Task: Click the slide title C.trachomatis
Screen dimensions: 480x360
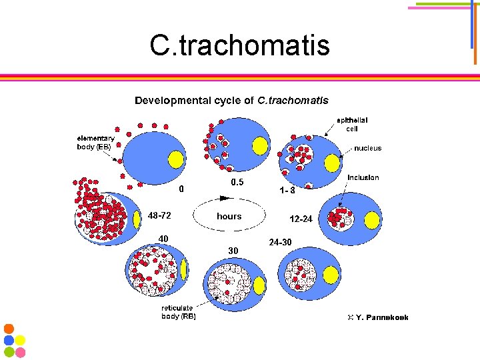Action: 239,46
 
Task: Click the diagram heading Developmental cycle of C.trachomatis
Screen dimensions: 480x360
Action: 231,101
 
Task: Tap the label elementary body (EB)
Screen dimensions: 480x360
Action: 95,143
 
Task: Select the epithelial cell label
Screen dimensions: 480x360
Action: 352,124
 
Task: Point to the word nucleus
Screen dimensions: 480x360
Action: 367,148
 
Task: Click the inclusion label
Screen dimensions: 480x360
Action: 363,177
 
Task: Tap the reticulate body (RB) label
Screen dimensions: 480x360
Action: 179,312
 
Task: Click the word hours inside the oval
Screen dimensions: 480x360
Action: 229,217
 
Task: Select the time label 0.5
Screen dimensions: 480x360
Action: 237,182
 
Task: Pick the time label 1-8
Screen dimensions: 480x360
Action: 287,190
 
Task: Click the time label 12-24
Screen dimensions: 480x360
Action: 301,219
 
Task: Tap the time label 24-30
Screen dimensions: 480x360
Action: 280,241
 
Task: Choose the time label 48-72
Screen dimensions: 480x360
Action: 159,216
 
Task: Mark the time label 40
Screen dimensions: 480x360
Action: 163,239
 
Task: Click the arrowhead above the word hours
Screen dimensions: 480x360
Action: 224,198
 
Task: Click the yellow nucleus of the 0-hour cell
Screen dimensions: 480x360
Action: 175,159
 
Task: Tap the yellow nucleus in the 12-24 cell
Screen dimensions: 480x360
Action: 372,219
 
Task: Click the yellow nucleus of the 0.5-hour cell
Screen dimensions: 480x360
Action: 260,145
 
